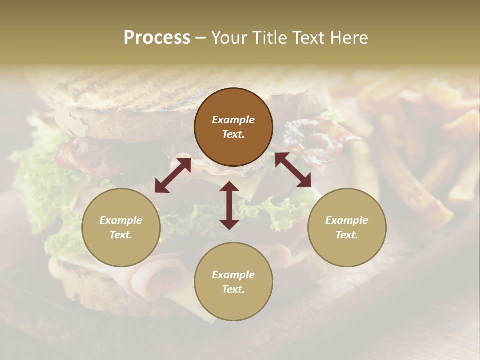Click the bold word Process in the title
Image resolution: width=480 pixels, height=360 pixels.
tap(157, 38)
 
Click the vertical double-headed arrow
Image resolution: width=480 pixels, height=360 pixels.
tap(229, 205)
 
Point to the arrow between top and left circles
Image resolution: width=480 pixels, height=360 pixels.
tap(173, 175)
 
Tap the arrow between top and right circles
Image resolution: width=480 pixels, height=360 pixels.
tap(293, 170)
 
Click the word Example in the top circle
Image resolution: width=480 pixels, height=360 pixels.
tap(233, 120)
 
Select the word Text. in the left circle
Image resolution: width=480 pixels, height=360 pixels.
tap(121, 235)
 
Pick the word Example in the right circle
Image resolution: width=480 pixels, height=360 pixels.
tap(347, 220)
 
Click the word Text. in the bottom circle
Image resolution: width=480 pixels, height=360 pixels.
tap(233, 289)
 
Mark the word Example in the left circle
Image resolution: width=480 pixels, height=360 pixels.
tap(121, 220)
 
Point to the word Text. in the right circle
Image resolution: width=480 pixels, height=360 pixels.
tap(347, 235)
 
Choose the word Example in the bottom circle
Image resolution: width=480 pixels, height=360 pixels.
tap(233, 275)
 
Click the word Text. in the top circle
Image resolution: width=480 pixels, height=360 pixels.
tap(233, 134)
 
